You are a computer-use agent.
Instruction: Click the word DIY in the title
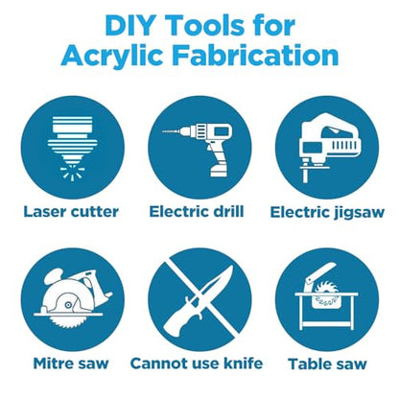click(x=126, y=26)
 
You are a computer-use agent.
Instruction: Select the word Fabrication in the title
click(x=255, y=56)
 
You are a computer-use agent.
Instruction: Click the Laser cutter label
click(x=71, y=212)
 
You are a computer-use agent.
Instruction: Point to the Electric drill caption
click(x=197, y=212)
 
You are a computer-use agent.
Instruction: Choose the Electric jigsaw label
click(x=327, y=213)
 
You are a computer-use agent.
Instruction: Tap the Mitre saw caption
click(x=71, y=364)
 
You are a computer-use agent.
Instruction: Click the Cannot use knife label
click(x=197, y=364)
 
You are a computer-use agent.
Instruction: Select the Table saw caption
click(x=327, y=364)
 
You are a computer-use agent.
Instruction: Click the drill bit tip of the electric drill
click(x=163, y=131)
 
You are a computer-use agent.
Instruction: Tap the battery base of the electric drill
click(x=221, y=171)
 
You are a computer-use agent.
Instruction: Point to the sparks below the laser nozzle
click(x=73, y=173)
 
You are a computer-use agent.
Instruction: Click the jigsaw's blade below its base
click(x=305, y=176)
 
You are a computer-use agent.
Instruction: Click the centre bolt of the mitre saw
click(x=68, y=305)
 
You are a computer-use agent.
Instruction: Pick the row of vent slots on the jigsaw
click(x=343, y=146)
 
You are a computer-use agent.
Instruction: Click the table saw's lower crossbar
click(x=327, y=324)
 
